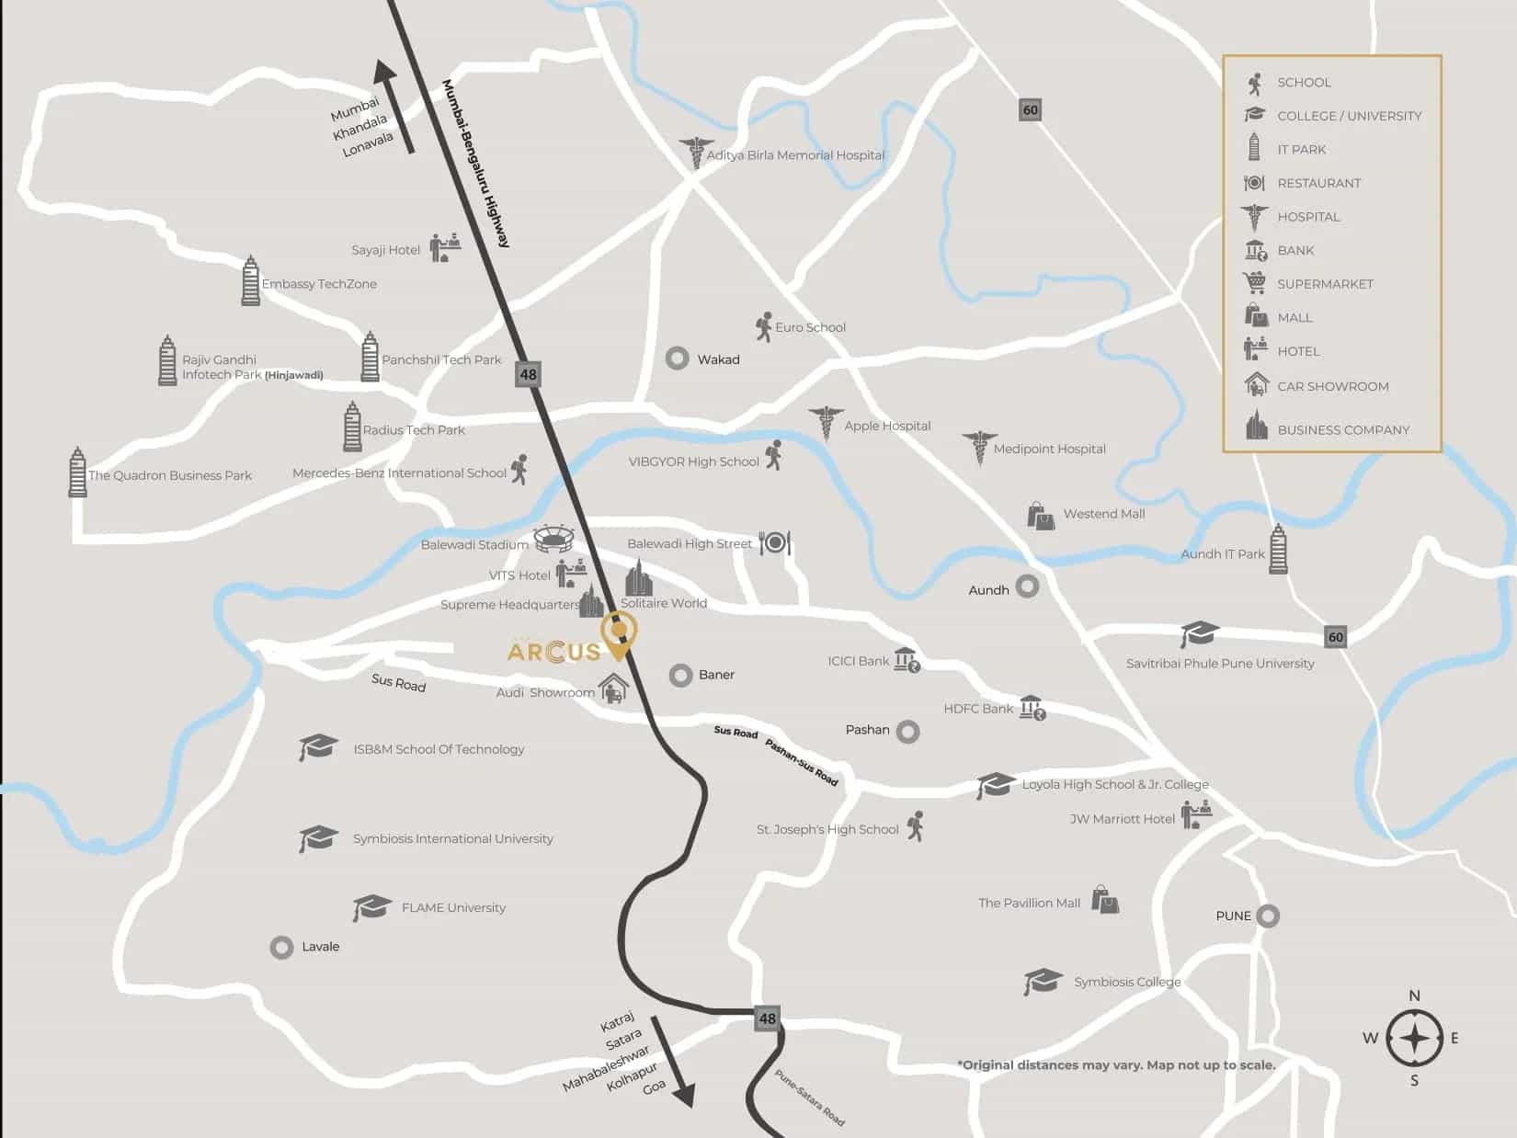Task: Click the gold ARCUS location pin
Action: click(619, 632)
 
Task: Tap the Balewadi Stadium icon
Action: click(553, 539)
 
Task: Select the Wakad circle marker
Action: click(678, 358)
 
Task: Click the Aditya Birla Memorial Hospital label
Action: click(794, 155)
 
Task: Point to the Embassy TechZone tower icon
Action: click(250, 281)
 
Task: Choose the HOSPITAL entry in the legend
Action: click(1307, 217)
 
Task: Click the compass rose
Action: click(1414, 1039)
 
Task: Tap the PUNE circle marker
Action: click(1268, 916)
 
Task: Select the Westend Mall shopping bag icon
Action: click(1041, 516)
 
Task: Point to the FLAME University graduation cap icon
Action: click(371, 907)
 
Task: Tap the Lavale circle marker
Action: click(281, 947)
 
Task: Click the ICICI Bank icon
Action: click(907, 660)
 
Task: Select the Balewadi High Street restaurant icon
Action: click(775, 542)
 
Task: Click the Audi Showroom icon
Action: click(613, 688)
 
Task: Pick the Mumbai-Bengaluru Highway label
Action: click(475, 163)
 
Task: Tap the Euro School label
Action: click(810, 327)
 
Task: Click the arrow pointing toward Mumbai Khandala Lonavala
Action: click(395, 106)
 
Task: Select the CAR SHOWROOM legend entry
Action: click(1332, 386)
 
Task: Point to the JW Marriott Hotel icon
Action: click(1196, 814)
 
